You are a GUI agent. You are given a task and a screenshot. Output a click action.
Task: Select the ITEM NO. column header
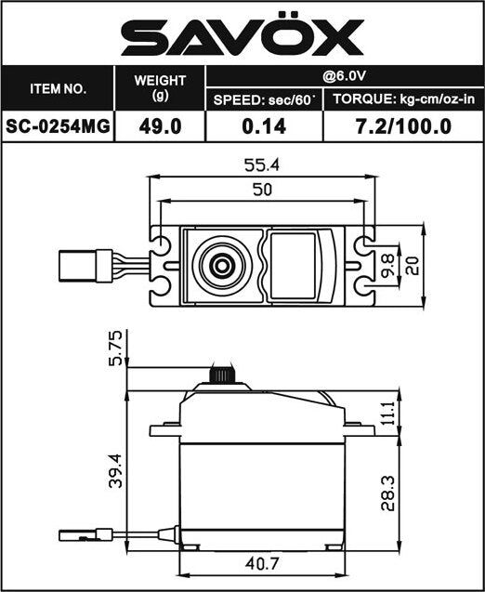tap(58, 90)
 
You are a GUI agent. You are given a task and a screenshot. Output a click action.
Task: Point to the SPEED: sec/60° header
tap(264, 100)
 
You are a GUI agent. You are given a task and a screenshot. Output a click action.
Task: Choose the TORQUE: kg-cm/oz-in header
tap(402, 100)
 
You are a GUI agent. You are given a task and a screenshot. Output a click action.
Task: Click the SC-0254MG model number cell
tap(58, 127)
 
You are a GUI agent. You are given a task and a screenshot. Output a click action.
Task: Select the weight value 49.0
tap(159, 127)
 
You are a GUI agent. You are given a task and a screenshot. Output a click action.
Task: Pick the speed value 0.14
tap(264, 127)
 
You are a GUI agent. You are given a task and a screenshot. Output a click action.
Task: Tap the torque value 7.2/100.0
tap(402, 127)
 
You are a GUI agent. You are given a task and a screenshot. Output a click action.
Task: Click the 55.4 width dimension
tap(262, 166)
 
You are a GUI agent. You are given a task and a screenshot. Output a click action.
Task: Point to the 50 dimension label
tap(262, 190)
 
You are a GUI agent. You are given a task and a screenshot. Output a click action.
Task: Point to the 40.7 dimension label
tap(262, 562)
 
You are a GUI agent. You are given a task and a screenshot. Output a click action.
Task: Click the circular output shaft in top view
tap(221, 265)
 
